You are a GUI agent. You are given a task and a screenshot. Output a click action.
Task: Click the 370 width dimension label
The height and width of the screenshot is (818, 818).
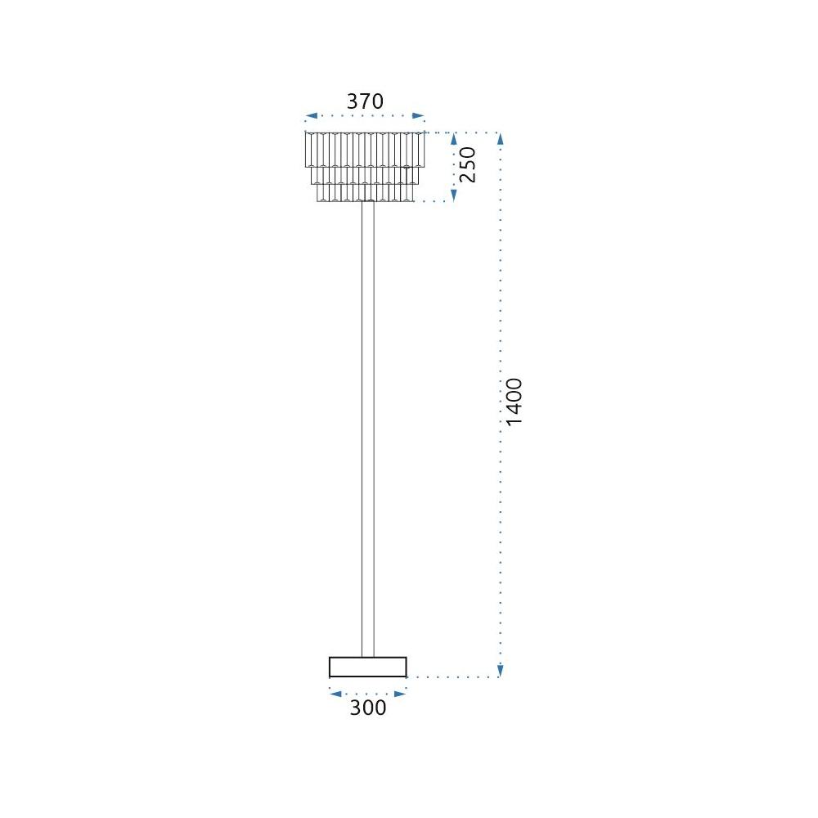coord(365,101)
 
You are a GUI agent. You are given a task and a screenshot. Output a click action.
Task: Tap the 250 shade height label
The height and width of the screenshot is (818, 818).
coord(467,165)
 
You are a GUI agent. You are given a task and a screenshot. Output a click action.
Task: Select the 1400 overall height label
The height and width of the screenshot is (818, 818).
coord(514,402)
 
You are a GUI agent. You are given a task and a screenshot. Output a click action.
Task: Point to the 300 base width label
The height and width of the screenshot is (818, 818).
coord(367,708)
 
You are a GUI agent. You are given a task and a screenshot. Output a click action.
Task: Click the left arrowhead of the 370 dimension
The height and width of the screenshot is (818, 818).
coord(310,117)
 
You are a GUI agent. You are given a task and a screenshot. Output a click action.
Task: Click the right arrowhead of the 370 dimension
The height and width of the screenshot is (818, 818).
coord(420,117)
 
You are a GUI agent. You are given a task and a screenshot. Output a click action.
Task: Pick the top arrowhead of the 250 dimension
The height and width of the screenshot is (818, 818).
coord(455,138)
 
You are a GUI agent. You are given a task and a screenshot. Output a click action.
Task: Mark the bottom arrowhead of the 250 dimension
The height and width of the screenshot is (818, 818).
coord(455,195)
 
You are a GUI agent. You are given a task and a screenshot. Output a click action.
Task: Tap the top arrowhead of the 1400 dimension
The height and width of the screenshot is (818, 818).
coord(500,138)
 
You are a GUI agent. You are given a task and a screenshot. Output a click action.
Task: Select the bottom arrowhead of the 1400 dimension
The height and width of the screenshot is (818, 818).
coord(500,672)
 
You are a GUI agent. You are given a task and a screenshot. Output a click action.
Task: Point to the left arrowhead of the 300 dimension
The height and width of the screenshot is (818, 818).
coord(335,693)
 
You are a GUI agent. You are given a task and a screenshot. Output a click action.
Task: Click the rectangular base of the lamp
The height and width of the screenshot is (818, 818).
coord(367,667)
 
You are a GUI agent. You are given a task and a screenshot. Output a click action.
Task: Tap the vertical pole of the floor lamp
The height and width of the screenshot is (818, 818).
coord(367,425)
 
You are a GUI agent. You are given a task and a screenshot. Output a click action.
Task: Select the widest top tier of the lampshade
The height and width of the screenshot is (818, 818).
coord(366,149)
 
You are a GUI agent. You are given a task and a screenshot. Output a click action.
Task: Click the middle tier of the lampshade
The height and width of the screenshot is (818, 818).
coord(366,175)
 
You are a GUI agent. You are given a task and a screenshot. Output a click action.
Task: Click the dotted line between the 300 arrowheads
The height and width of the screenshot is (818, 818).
coord(367,693)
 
